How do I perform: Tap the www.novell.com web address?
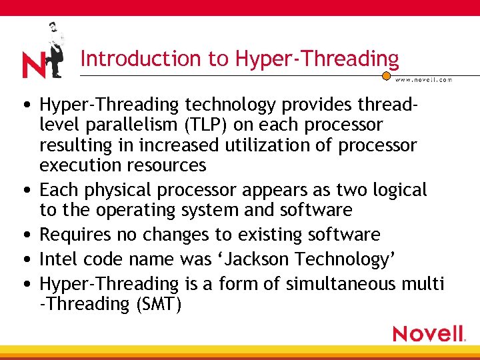click(424, 79)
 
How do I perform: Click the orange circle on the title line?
click(386, 76)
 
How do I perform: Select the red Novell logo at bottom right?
click(429, 333)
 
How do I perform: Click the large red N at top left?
click(34, 65)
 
